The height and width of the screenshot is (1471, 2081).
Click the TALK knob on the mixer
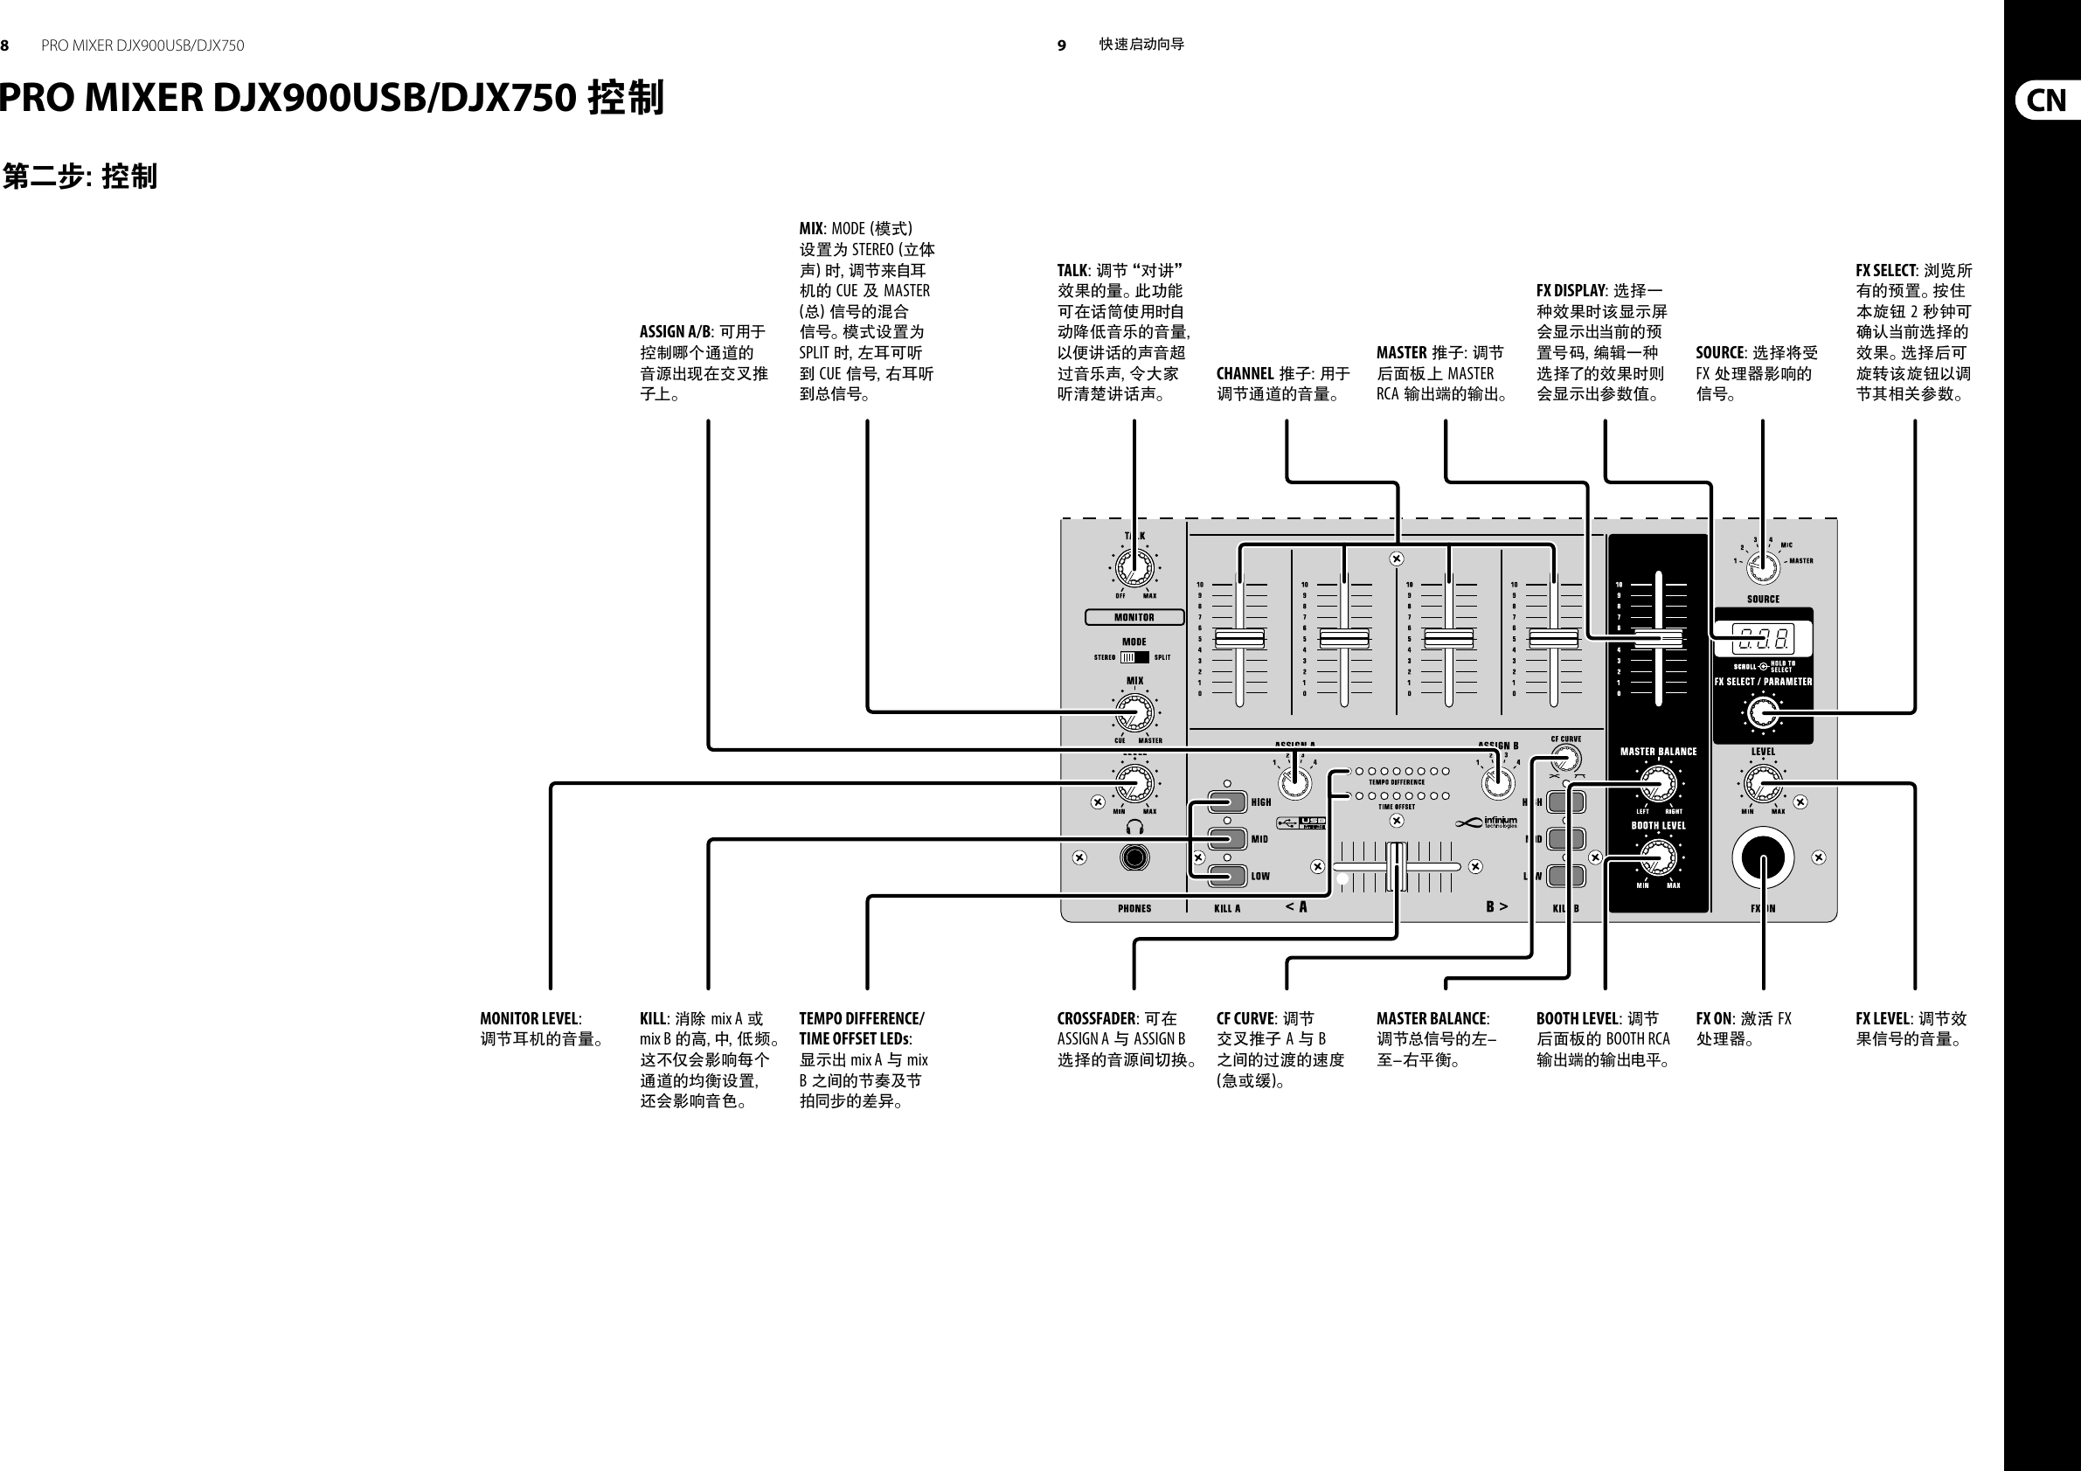pyautogui.click(x=1134, y=568)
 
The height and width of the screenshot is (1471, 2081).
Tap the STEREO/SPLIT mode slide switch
pyautogui.click(x=1134, y=657)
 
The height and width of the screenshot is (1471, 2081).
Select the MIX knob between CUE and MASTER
pyautogui.click(x=1134, y=712)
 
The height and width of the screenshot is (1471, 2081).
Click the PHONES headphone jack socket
pyautogui.click(x=1134, y=857)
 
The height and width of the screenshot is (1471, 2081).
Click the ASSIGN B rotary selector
pyautogui.click(x=1498, y=781)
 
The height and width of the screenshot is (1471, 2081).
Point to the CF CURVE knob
pyautogui.click(x=1565, y=759)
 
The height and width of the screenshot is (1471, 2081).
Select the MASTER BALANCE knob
pyautogui.click(x=1658, y=782)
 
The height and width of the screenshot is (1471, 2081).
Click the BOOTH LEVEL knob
pyautogui.click(x=1658, y=857)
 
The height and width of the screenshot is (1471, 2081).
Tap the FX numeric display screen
pyautogui.click(x=1763, y=640)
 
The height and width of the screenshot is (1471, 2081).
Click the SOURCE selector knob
pyautogui.click(x=1763, y=568)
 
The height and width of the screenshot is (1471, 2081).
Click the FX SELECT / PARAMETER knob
pyautogui.click(x=1763, y=712)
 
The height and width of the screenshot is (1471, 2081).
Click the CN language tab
pyautogui.click(x=2046, y=100)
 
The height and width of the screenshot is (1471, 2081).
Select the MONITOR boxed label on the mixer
pyautogui.click(x=1134, y=617)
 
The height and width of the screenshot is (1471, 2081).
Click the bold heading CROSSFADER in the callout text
pyautogui.click(x=1096, y=1019)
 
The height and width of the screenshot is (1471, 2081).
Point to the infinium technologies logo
pyautogui.click(x=1486, y=823)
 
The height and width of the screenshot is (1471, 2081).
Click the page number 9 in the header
pyautogui.click(x=1061, y=45)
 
